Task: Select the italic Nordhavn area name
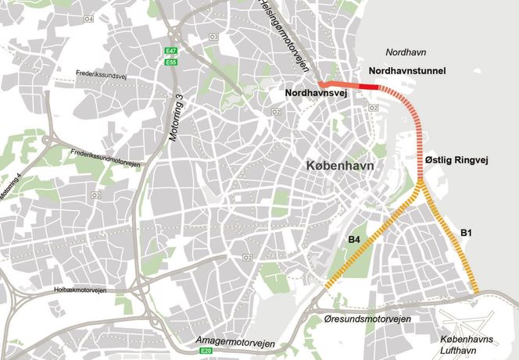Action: (x=405, y=52)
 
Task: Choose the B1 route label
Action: (x=466, y=233)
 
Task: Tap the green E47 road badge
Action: (x=170, y=52)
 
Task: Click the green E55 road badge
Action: (x=170, y=62)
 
